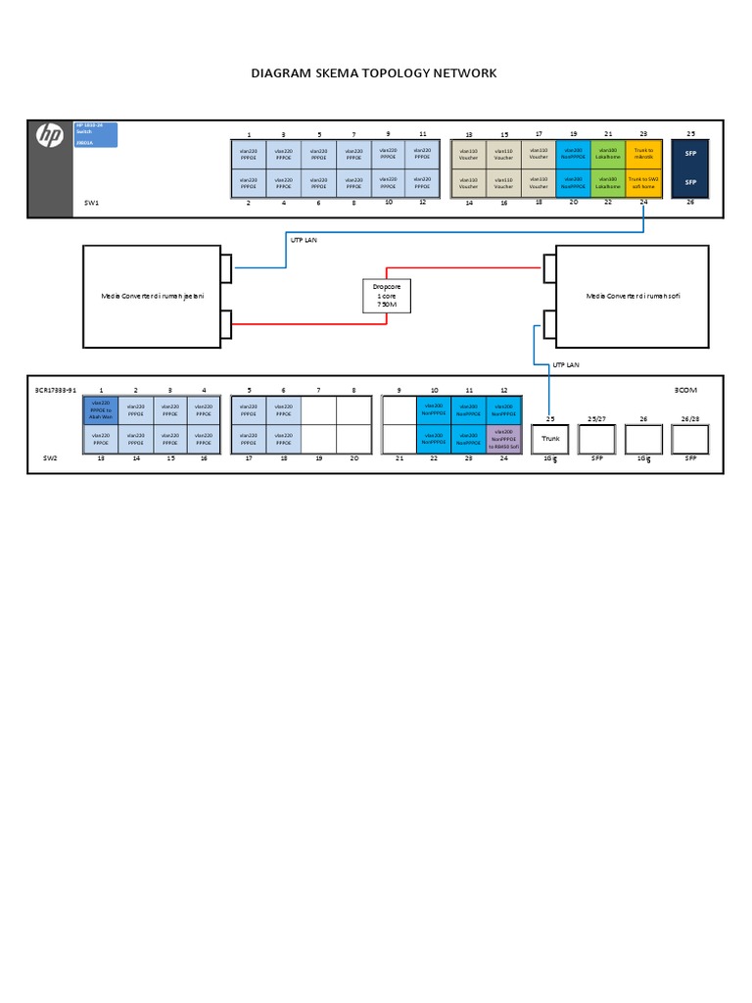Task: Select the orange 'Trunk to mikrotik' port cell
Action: click(x=643, y=154)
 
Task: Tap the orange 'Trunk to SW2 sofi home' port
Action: click(x=643, y=182)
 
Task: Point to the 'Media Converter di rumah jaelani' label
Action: click(x=152, y=296)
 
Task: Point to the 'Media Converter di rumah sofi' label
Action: click(x=632, y=296)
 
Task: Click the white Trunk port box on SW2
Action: click(x=549, y=439)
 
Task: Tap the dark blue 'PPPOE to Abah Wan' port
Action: click(x=101, y=409)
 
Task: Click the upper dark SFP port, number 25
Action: click(x=689, y=155)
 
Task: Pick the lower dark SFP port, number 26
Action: click(x=689, y=182)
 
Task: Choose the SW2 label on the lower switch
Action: click(x=51, y=457)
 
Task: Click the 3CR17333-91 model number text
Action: click(x=55, y=390)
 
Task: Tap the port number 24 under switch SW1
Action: click(x=642, y=203)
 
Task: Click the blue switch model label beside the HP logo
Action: click(x=96, y=134)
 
